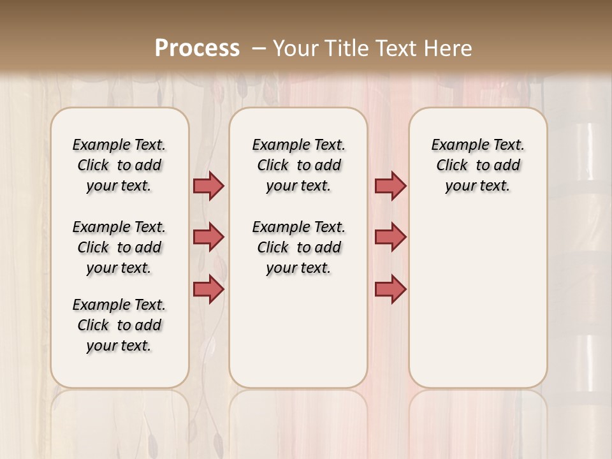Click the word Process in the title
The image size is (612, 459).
[197, 48]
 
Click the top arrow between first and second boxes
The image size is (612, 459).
[208, 186]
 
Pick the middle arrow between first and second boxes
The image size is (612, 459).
[208, 237]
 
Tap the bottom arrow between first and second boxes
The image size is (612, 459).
[208, 289]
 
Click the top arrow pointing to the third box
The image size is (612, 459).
[390, 186]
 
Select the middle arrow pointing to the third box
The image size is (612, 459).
[390, 237]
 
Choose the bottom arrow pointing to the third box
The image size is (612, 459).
[390, 289]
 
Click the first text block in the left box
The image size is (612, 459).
[119, 165]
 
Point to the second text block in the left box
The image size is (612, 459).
[119, 247]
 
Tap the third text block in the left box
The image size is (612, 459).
[119, 325]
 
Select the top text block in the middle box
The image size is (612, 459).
[298, 165]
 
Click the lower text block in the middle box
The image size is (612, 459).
[298, 247]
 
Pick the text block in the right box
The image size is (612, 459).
[477, 165]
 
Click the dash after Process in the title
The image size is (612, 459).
[259, 48]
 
